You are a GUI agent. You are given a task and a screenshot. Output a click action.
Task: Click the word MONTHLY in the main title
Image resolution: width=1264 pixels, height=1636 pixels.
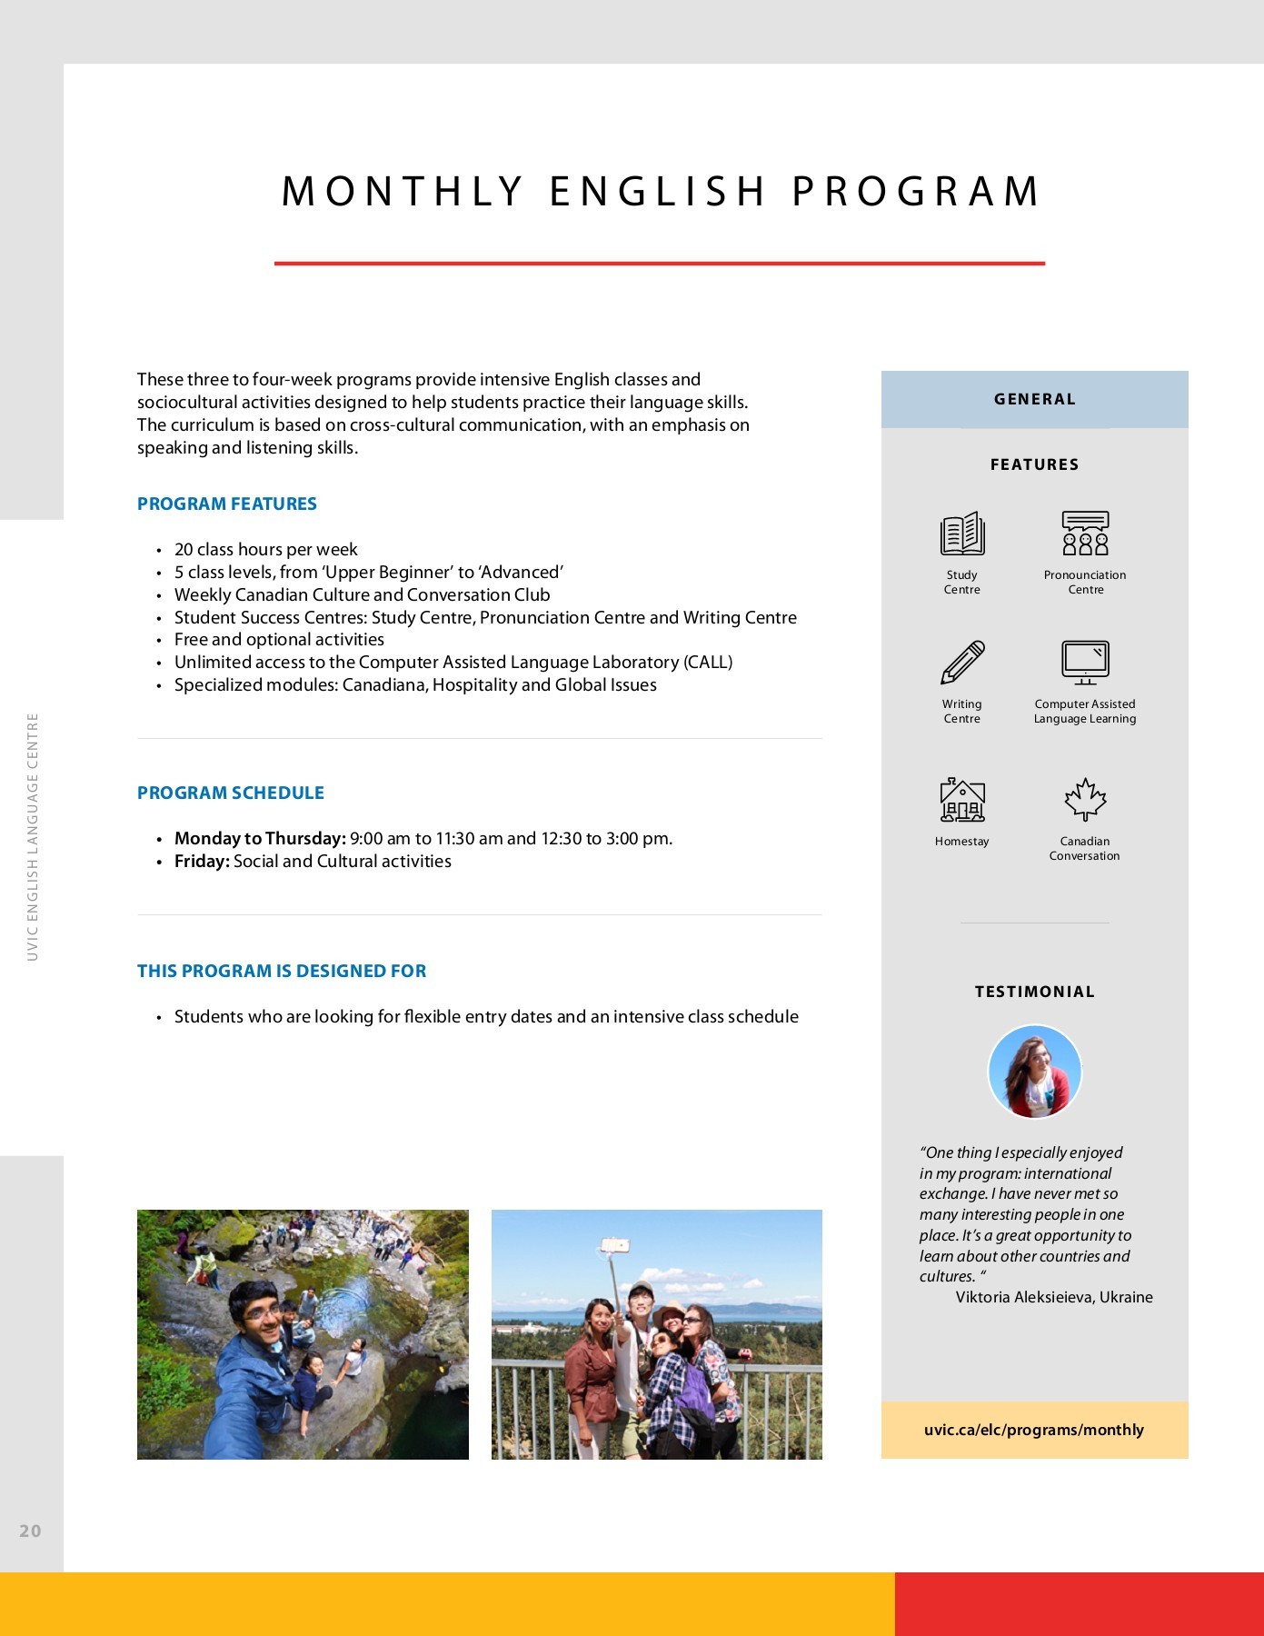403,192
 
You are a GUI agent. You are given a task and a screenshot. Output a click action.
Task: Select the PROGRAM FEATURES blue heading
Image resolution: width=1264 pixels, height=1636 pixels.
227,504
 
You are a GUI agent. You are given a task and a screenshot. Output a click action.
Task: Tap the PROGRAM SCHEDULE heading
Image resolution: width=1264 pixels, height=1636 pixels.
231,793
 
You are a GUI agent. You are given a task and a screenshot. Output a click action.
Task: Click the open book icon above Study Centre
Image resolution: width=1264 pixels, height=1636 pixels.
961,534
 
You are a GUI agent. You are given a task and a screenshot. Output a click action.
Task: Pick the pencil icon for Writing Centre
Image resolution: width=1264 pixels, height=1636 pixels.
961,663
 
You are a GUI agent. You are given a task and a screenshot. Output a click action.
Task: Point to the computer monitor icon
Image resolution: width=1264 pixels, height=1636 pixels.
1085,662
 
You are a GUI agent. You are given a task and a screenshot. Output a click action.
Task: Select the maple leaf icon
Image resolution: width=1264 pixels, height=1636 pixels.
1085,800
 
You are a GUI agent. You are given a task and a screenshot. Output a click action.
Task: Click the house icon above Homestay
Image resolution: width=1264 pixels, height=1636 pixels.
961,801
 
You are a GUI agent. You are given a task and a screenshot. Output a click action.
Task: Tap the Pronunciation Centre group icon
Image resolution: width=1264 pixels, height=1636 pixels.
1085,534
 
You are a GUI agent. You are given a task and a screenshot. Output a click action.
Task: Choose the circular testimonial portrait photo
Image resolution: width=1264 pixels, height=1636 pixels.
1034,1072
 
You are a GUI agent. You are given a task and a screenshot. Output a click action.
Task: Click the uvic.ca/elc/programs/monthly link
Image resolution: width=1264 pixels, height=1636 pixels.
1034,1430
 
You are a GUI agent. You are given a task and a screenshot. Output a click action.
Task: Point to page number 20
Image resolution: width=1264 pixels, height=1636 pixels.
31,1531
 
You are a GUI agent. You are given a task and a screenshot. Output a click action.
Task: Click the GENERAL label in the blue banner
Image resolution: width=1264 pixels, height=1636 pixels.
1034,399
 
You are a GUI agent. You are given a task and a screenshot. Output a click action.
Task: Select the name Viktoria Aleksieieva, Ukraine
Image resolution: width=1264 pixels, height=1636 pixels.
1054,1297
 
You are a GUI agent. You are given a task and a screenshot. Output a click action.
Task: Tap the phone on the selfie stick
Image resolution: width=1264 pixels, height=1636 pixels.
615,1245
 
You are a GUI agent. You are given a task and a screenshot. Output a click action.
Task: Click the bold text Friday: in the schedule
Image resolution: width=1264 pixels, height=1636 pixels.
202,861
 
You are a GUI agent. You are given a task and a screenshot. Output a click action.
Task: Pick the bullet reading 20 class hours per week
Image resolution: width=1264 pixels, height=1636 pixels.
266,549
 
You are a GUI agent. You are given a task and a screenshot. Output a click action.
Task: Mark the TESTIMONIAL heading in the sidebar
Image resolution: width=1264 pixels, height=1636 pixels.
1034,992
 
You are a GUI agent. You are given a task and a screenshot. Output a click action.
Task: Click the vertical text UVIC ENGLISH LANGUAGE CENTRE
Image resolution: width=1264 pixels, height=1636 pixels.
33,836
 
